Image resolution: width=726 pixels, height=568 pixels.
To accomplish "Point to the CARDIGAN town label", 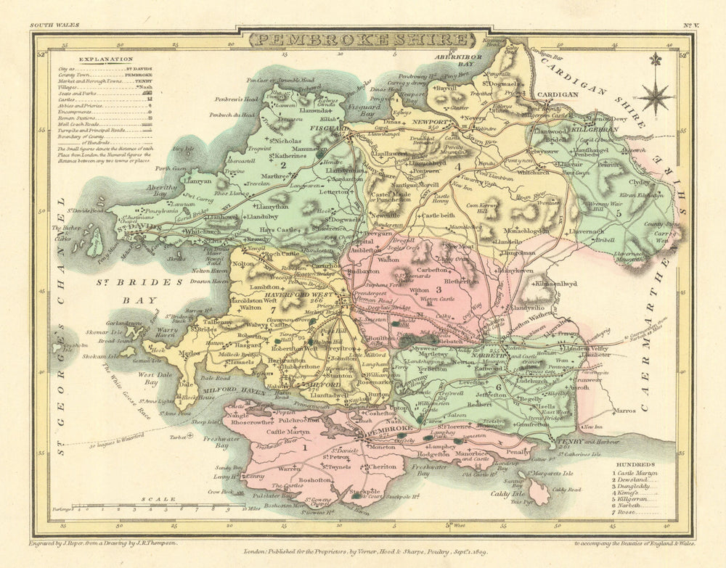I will (558, 94).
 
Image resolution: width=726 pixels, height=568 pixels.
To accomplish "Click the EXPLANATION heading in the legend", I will (106, 59).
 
